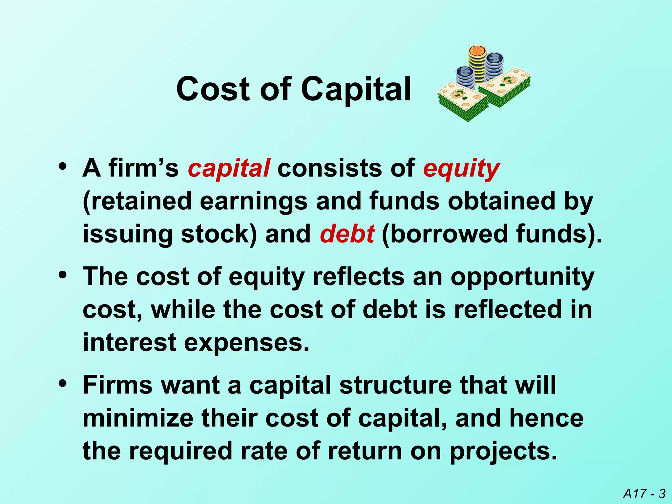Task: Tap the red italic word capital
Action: [229, 168]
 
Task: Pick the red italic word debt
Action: [347, 234]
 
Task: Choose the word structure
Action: [395, 385]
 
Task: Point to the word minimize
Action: [138, 418]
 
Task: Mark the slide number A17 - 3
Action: [644, 493]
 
